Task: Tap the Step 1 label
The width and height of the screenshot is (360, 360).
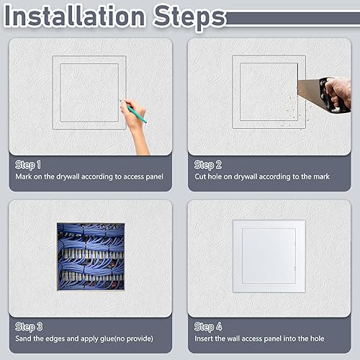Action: [x=28, y=164]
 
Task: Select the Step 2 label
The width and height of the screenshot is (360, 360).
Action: [x=208, y=164]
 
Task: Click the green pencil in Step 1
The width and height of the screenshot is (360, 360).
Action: [x=134, y=112]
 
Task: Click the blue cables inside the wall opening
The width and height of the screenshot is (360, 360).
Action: [x=90, y=256]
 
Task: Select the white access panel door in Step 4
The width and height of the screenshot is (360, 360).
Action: [x=269, y=256]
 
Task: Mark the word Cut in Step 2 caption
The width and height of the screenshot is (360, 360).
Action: [x=200, y=176]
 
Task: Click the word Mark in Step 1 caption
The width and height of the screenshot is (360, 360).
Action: [x=23, y=176]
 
